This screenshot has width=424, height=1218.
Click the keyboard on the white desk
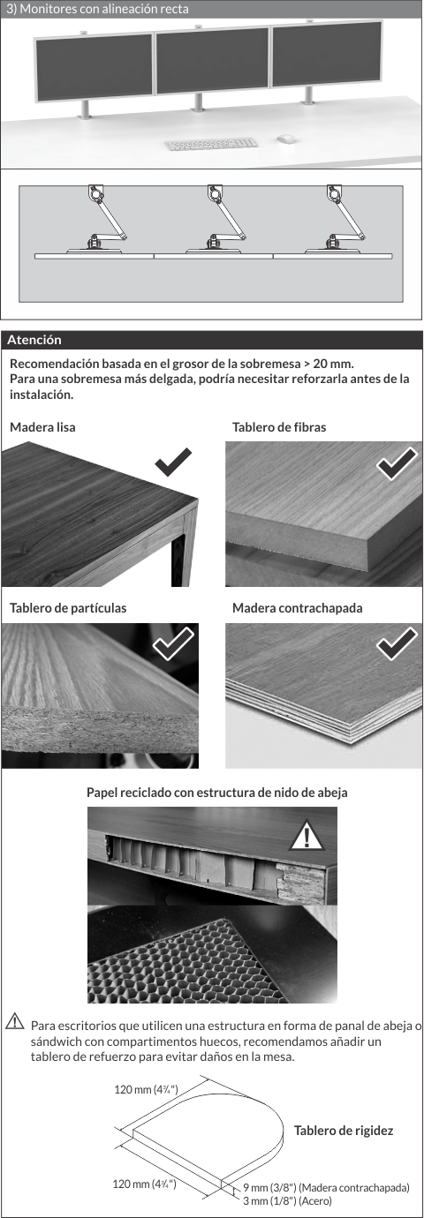tap(210, 144)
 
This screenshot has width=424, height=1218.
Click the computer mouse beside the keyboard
tap(285, 139)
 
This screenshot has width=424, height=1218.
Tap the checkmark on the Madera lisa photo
tap(173, 462)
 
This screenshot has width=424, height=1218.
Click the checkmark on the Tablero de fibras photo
tap(397, 463)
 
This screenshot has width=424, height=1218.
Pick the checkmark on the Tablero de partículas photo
tap(173, 643)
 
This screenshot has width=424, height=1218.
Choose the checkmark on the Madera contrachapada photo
tap(397, 644)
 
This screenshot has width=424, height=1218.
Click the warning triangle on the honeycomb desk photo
tap(307, 836)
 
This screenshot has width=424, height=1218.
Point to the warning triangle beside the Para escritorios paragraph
tap(15, 1020)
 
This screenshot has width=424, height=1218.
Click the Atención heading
tap(34, 340)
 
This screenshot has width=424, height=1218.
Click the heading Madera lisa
tap(42, 427)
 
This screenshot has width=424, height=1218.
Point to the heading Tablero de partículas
tap(68, 608)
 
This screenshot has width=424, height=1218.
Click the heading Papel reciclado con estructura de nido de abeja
tap(216, 793)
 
